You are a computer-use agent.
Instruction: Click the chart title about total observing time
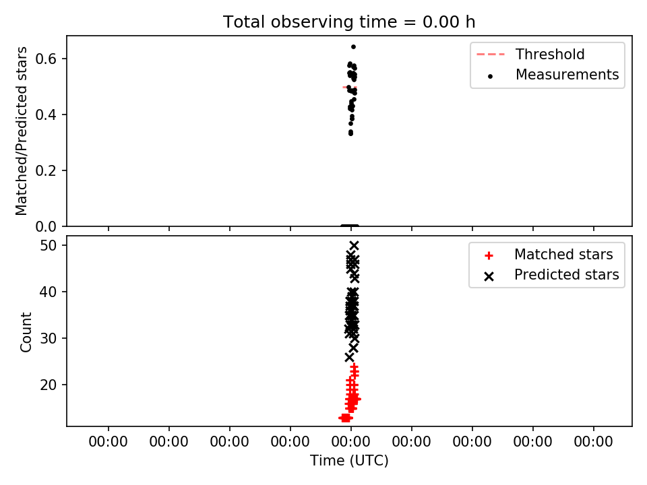tap(349, 22)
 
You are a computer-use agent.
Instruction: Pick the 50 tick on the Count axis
tap(48, 245)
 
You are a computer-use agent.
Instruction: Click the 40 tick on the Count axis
tap(48, 292)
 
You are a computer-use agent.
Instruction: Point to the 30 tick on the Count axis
tap(48, 338)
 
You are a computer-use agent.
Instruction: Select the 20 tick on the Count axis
tap(48, 385)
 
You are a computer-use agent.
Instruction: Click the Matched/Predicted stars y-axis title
tap(22, 131)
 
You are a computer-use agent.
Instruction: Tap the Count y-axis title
tap(26, 332)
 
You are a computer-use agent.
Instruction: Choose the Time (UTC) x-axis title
tap(349, 461)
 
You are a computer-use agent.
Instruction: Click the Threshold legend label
tap(550, 54)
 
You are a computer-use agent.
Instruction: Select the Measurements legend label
tap(567, 74)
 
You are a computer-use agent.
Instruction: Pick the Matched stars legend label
tap(563, 255)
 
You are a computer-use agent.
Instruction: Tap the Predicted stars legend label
tap(567, 275)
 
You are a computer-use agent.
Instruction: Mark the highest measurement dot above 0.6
tap(353, 46)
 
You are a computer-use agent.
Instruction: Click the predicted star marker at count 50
tap(354, 245)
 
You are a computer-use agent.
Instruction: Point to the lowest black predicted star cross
tap(349, 357)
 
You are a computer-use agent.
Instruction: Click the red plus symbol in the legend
tap(489, 256)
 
